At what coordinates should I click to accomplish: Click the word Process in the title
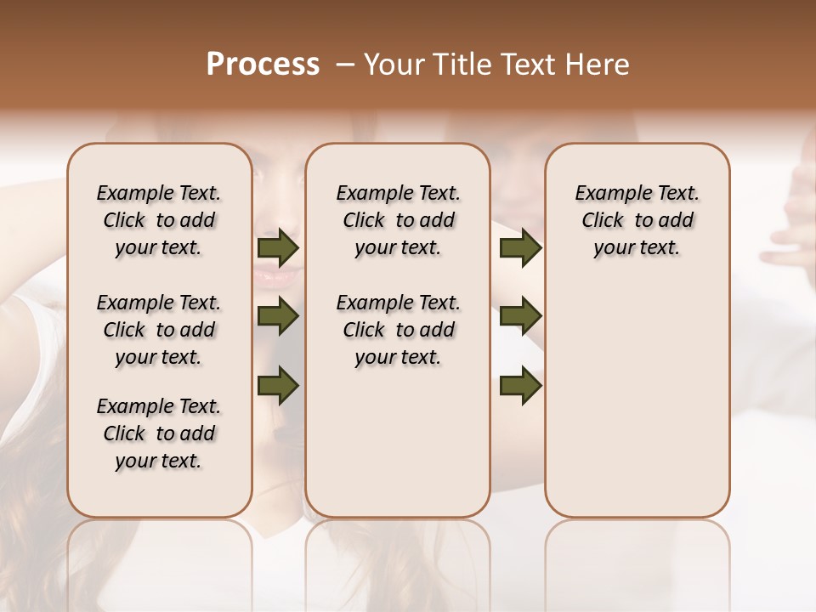[x=263, y=65]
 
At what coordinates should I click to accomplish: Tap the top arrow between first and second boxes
[x=278, y=248]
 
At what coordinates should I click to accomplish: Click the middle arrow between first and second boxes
[x=278, y=317]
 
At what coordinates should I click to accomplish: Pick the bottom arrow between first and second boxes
[x=278, y=386]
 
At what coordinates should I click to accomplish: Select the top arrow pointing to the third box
[x=520, y=248]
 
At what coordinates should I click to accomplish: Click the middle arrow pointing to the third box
[x=520, y=317]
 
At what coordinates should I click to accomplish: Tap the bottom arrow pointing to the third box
[x=520, y=386]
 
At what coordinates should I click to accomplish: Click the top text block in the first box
[x=159, y=220]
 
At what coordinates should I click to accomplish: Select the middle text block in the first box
[x=159, y=330]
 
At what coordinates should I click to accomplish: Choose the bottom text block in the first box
[x=159, y=433]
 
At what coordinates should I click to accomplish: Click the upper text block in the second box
[x=398, y=220]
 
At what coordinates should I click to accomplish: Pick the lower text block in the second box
[x=398, y=330]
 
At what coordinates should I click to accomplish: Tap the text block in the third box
[x=637, y=220]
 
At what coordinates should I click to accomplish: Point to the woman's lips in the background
[x=279, y=276]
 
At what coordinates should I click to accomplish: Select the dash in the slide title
[x=345, y=65]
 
